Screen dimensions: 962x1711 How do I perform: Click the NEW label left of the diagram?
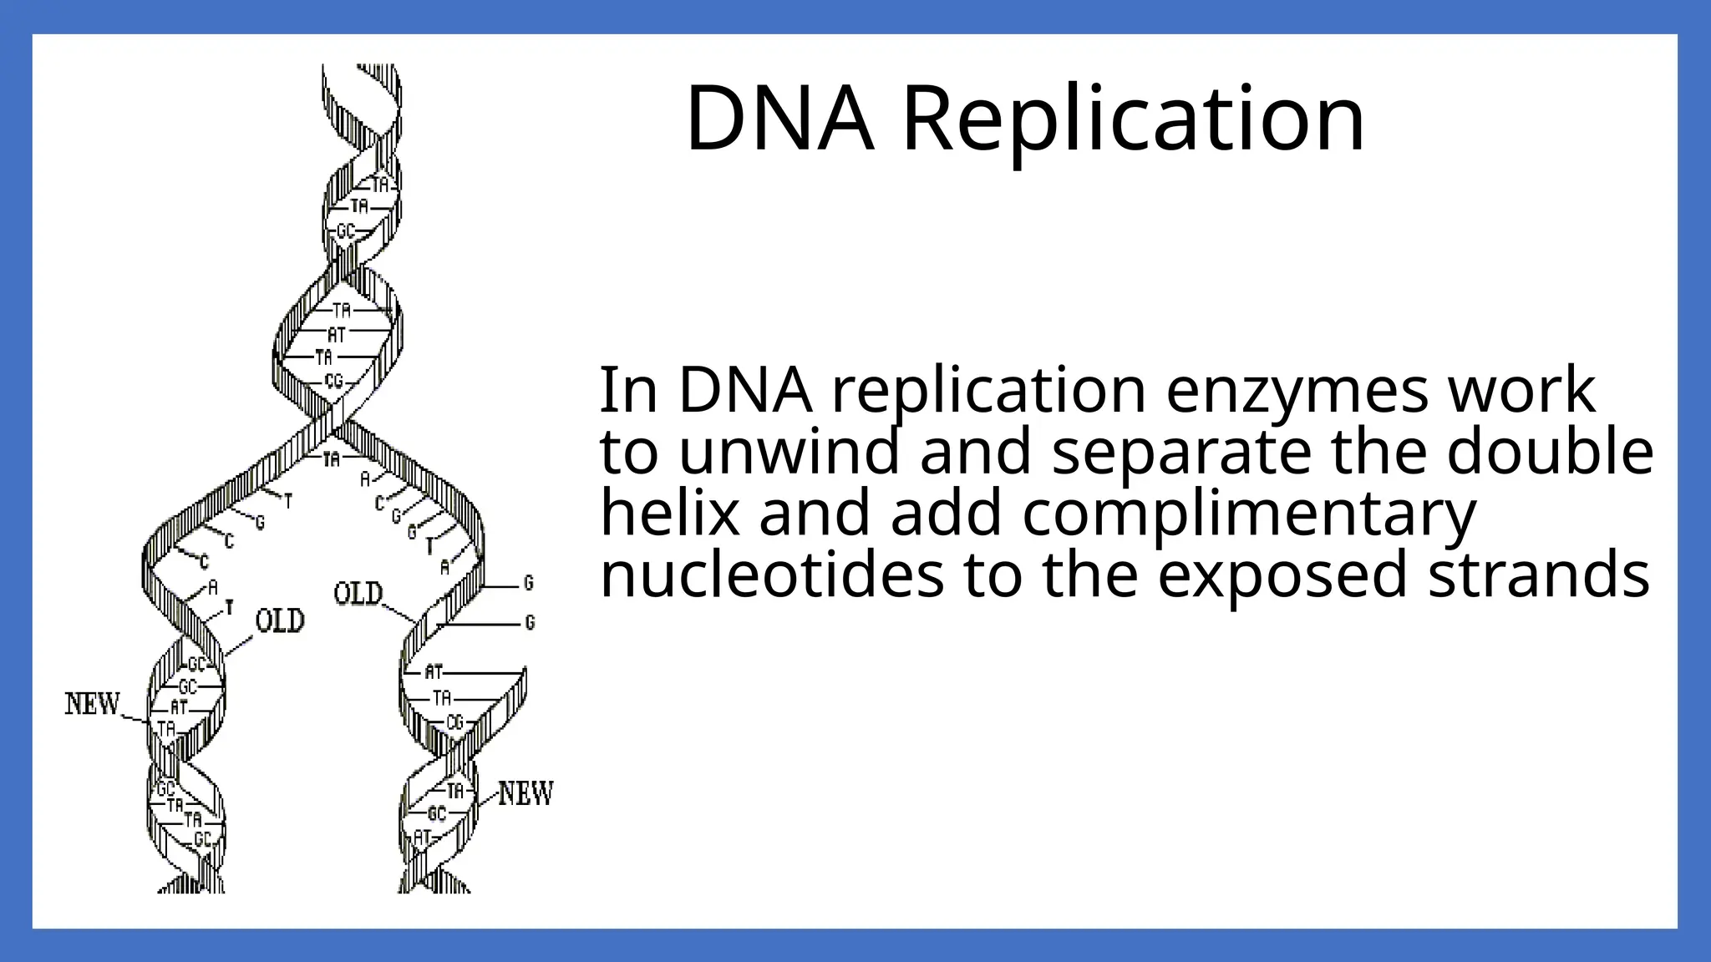point(93,704)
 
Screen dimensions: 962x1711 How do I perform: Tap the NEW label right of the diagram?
point(526,792)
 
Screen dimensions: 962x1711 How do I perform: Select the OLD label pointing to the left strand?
point(280,620)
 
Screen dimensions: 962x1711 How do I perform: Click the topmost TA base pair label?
point(380,185)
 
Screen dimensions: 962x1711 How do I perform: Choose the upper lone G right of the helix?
point(528,582)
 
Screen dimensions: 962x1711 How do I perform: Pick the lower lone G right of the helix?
point(530,622)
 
